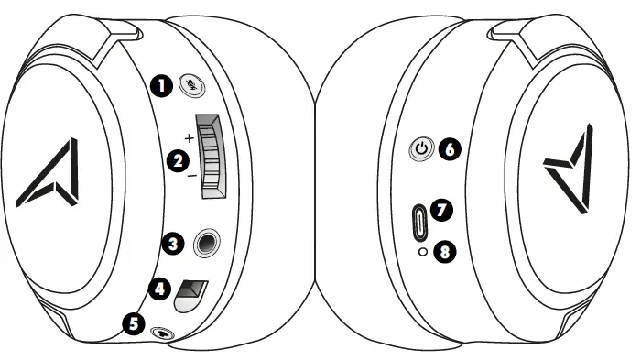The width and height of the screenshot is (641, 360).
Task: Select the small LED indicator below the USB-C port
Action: [422, 251]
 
